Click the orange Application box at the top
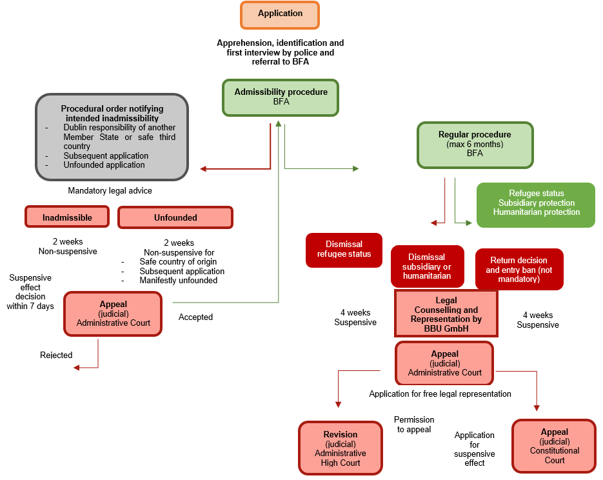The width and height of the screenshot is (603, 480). (x=280, y=14)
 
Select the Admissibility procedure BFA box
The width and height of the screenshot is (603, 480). (x=281, y=97)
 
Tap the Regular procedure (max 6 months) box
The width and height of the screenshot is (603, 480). (x=475, y=145)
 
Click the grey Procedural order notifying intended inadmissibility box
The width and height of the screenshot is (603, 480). (x=112, y=136)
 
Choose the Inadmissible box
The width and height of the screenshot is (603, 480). (x=67, y=217)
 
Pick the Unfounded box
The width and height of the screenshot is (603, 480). (x=175, y=217)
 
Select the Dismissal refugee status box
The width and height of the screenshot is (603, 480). (x=344, y=250)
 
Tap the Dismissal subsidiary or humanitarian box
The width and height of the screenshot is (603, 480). (x=426, y=266)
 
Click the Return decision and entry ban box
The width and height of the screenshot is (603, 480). (x=519, y=269)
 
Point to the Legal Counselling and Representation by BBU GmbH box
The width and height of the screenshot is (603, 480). (x=446, y=313)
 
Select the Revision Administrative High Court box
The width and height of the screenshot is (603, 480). (x=341, y=448)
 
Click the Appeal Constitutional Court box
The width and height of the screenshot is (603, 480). (x=554, y=446)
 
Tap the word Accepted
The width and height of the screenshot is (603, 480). (x=195, y=317)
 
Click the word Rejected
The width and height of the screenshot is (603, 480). (x=56, y=355)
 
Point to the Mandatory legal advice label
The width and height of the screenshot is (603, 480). (x=110, y=191)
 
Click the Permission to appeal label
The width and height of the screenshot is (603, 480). (x=414, y=425)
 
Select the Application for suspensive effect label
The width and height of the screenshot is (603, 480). (x=474, y=449)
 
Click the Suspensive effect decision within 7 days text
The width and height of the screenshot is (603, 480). (x=30, y=292)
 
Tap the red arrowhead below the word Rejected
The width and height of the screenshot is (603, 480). (x=77, y=367)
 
